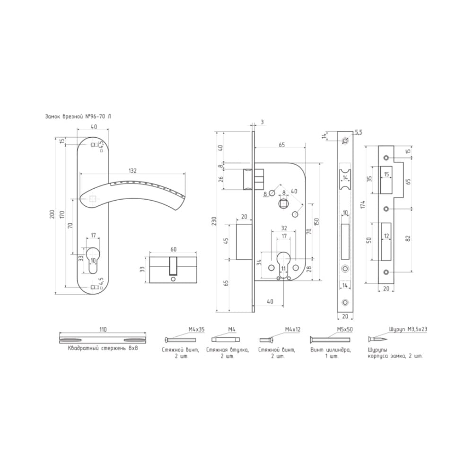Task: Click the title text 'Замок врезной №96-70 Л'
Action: (x=78, y=116)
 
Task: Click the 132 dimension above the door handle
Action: (x=132, y=171)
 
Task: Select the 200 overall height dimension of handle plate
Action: (x=53, y=214)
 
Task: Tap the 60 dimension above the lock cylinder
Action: (x=174, y=249)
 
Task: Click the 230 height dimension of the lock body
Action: (x=214, y=221)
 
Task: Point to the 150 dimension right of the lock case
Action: (x=316, y=222)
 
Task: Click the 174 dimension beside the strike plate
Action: (x=363, y=204)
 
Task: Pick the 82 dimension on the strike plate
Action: (x=409, y=238)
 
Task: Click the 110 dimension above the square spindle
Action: (x=103, y=330)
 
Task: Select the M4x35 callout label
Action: (x=196, y=329)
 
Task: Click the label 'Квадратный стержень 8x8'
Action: (x=103, y=348)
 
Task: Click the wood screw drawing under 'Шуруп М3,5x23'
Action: (x=378, y=340)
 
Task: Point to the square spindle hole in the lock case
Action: (x=283, y=203)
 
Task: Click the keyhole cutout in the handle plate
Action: (x=93, y=260)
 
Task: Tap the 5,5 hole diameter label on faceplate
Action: (x=359, y=132)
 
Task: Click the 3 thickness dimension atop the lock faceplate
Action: (x=262, y=122)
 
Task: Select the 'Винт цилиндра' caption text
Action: (x=330, y=350)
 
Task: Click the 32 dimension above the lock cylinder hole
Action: (x=284, y=228)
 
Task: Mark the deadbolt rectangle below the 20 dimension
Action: (x=244, y=242)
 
